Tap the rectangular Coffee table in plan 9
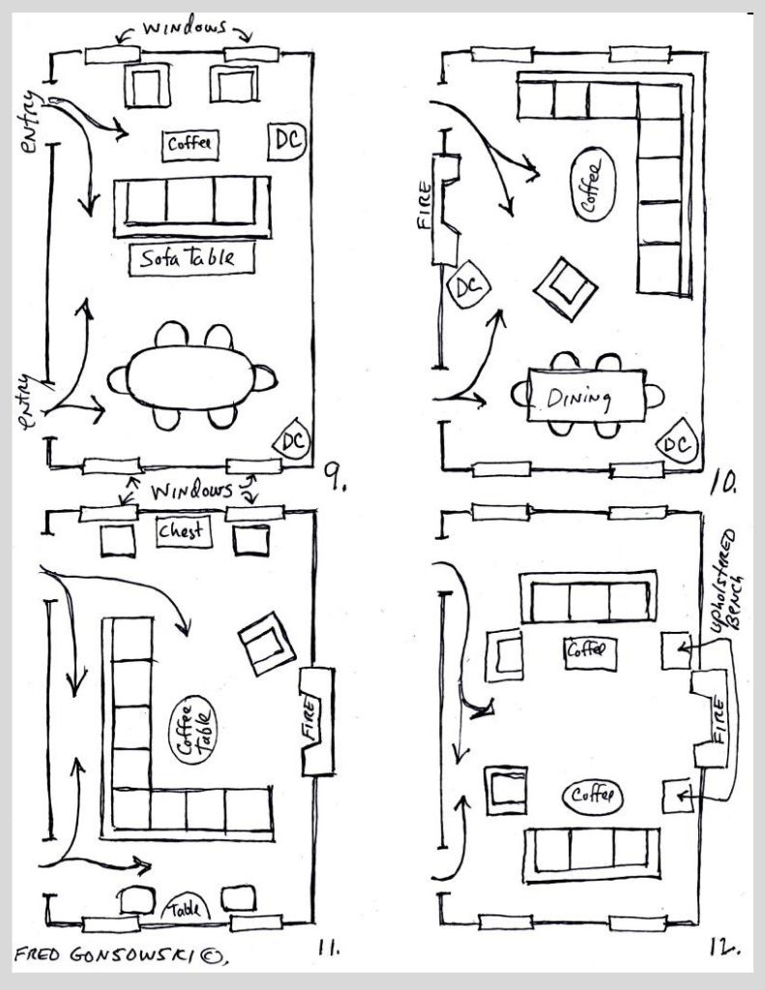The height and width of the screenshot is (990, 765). [191, 144]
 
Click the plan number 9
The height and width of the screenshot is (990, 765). [330, 473]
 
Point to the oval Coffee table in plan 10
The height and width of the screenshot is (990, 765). [592, 185]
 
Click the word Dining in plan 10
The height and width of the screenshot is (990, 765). [579, 397]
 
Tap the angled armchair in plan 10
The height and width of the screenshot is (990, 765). [566, 289]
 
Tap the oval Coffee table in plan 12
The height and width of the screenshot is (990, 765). [592, 796]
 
